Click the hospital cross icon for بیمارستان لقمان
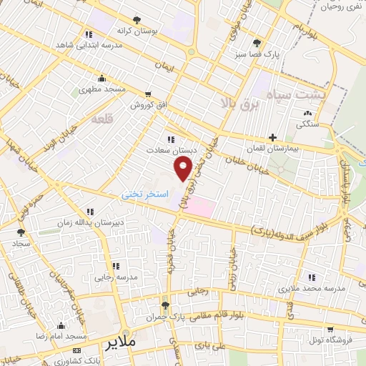point(272,137)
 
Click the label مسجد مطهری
point(102,90)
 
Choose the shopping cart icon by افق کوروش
point(148,94)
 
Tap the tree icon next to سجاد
point(21,232)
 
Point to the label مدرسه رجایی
point(115,275)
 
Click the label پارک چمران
point(172,315)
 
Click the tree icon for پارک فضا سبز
point(257,43)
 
